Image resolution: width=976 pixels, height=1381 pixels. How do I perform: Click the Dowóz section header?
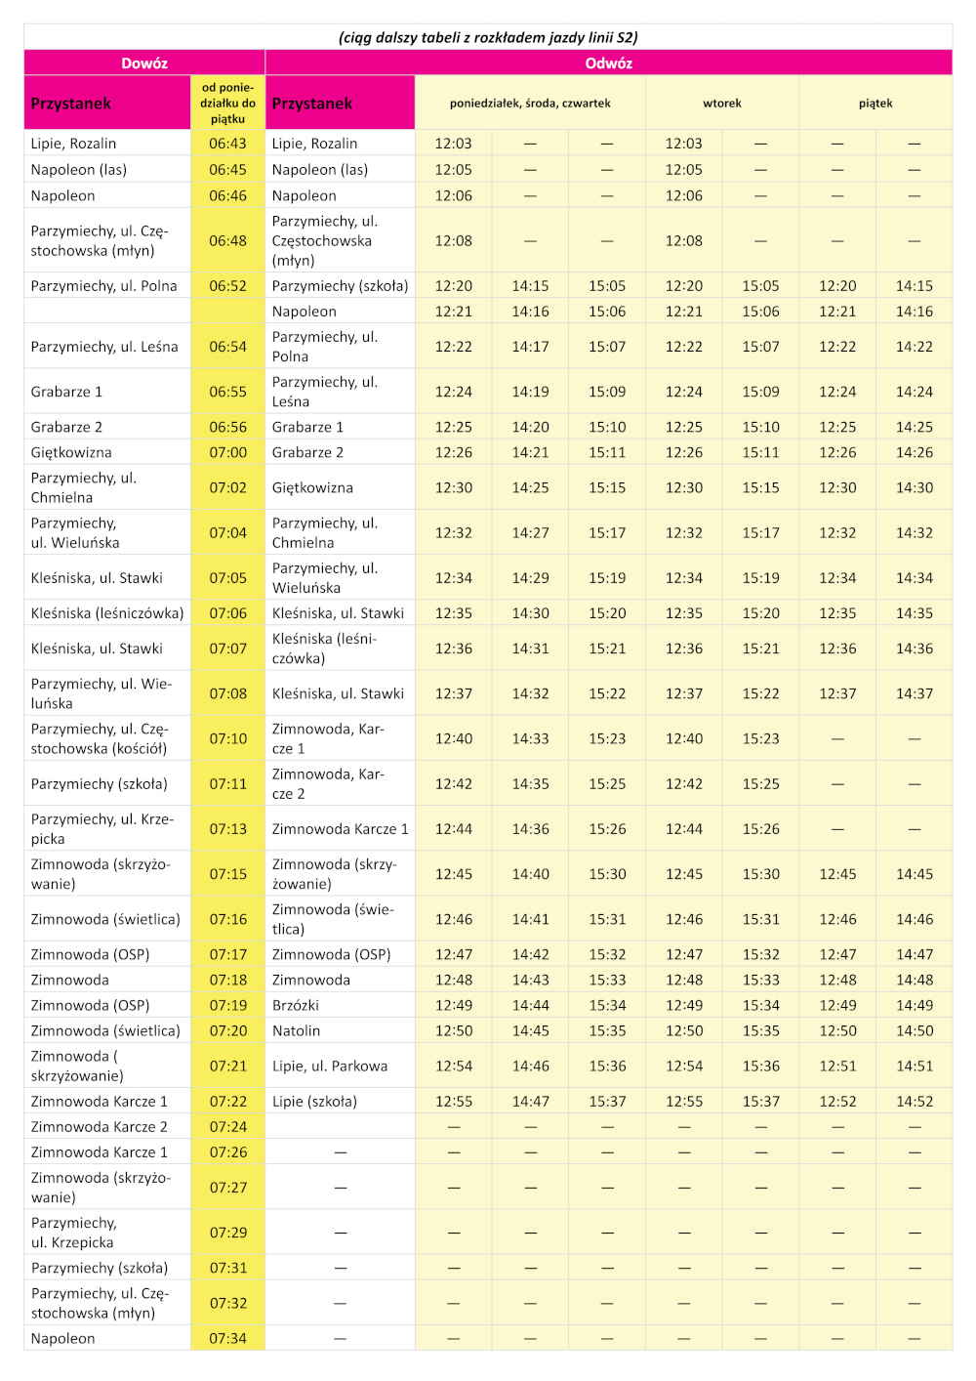144,63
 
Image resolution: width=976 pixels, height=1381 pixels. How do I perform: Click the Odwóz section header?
608,63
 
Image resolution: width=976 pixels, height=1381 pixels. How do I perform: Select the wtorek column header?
722,103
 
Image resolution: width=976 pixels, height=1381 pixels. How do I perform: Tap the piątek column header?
875,103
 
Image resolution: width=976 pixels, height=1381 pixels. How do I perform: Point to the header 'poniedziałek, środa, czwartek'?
530,103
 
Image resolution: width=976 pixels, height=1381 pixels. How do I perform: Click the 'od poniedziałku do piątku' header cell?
227,103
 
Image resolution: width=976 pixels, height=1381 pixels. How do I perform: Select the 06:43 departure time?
227,144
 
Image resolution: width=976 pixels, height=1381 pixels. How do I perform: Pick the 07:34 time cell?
227,1338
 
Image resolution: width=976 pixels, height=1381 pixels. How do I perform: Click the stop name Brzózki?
296,1005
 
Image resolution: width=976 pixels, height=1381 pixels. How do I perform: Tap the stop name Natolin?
297,1030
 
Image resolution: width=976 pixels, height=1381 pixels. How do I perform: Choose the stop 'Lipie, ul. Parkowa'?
330,1066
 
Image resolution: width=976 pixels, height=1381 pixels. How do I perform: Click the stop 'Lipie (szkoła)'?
314,1101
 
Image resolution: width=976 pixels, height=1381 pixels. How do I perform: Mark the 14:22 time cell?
915,347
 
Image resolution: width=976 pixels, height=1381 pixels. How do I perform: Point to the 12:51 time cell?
837,1066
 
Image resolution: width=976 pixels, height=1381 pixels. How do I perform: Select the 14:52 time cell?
915,1101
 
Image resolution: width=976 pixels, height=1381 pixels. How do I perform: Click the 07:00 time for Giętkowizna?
227,452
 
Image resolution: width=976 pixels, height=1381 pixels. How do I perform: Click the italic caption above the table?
488,37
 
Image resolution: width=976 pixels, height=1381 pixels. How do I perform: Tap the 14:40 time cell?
530,874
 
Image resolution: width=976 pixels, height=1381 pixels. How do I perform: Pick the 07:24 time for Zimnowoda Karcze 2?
227,1126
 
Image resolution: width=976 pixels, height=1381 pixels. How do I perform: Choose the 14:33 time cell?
530,738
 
